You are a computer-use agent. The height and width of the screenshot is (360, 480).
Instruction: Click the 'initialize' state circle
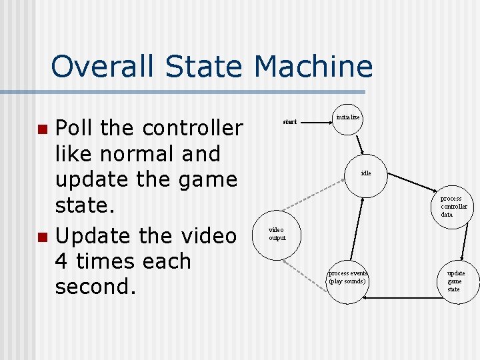click(347, 118)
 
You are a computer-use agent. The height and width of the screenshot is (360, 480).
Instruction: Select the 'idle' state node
click(366, 173)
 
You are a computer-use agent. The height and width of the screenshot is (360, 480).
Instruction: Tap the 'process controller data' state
click(455, 207)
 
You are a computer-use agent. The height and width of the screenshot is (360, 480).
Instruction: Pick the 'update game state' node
click(455, 281)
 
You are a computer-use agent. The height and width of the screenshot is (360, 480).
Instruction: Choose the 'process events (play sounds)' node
click(347, 278)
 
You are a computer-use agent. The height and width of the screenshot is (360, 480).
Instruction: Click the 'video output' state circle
click(277, 234)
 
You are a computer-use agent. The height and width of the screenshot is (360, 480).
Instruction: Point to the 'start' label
click(290, 122)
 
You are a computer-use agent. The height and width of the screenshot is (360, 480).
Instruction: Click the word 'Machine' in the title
click(313, 67)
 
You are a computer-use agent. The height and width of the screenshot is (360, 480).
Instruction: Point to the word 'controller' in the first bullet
click(193, 127)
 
